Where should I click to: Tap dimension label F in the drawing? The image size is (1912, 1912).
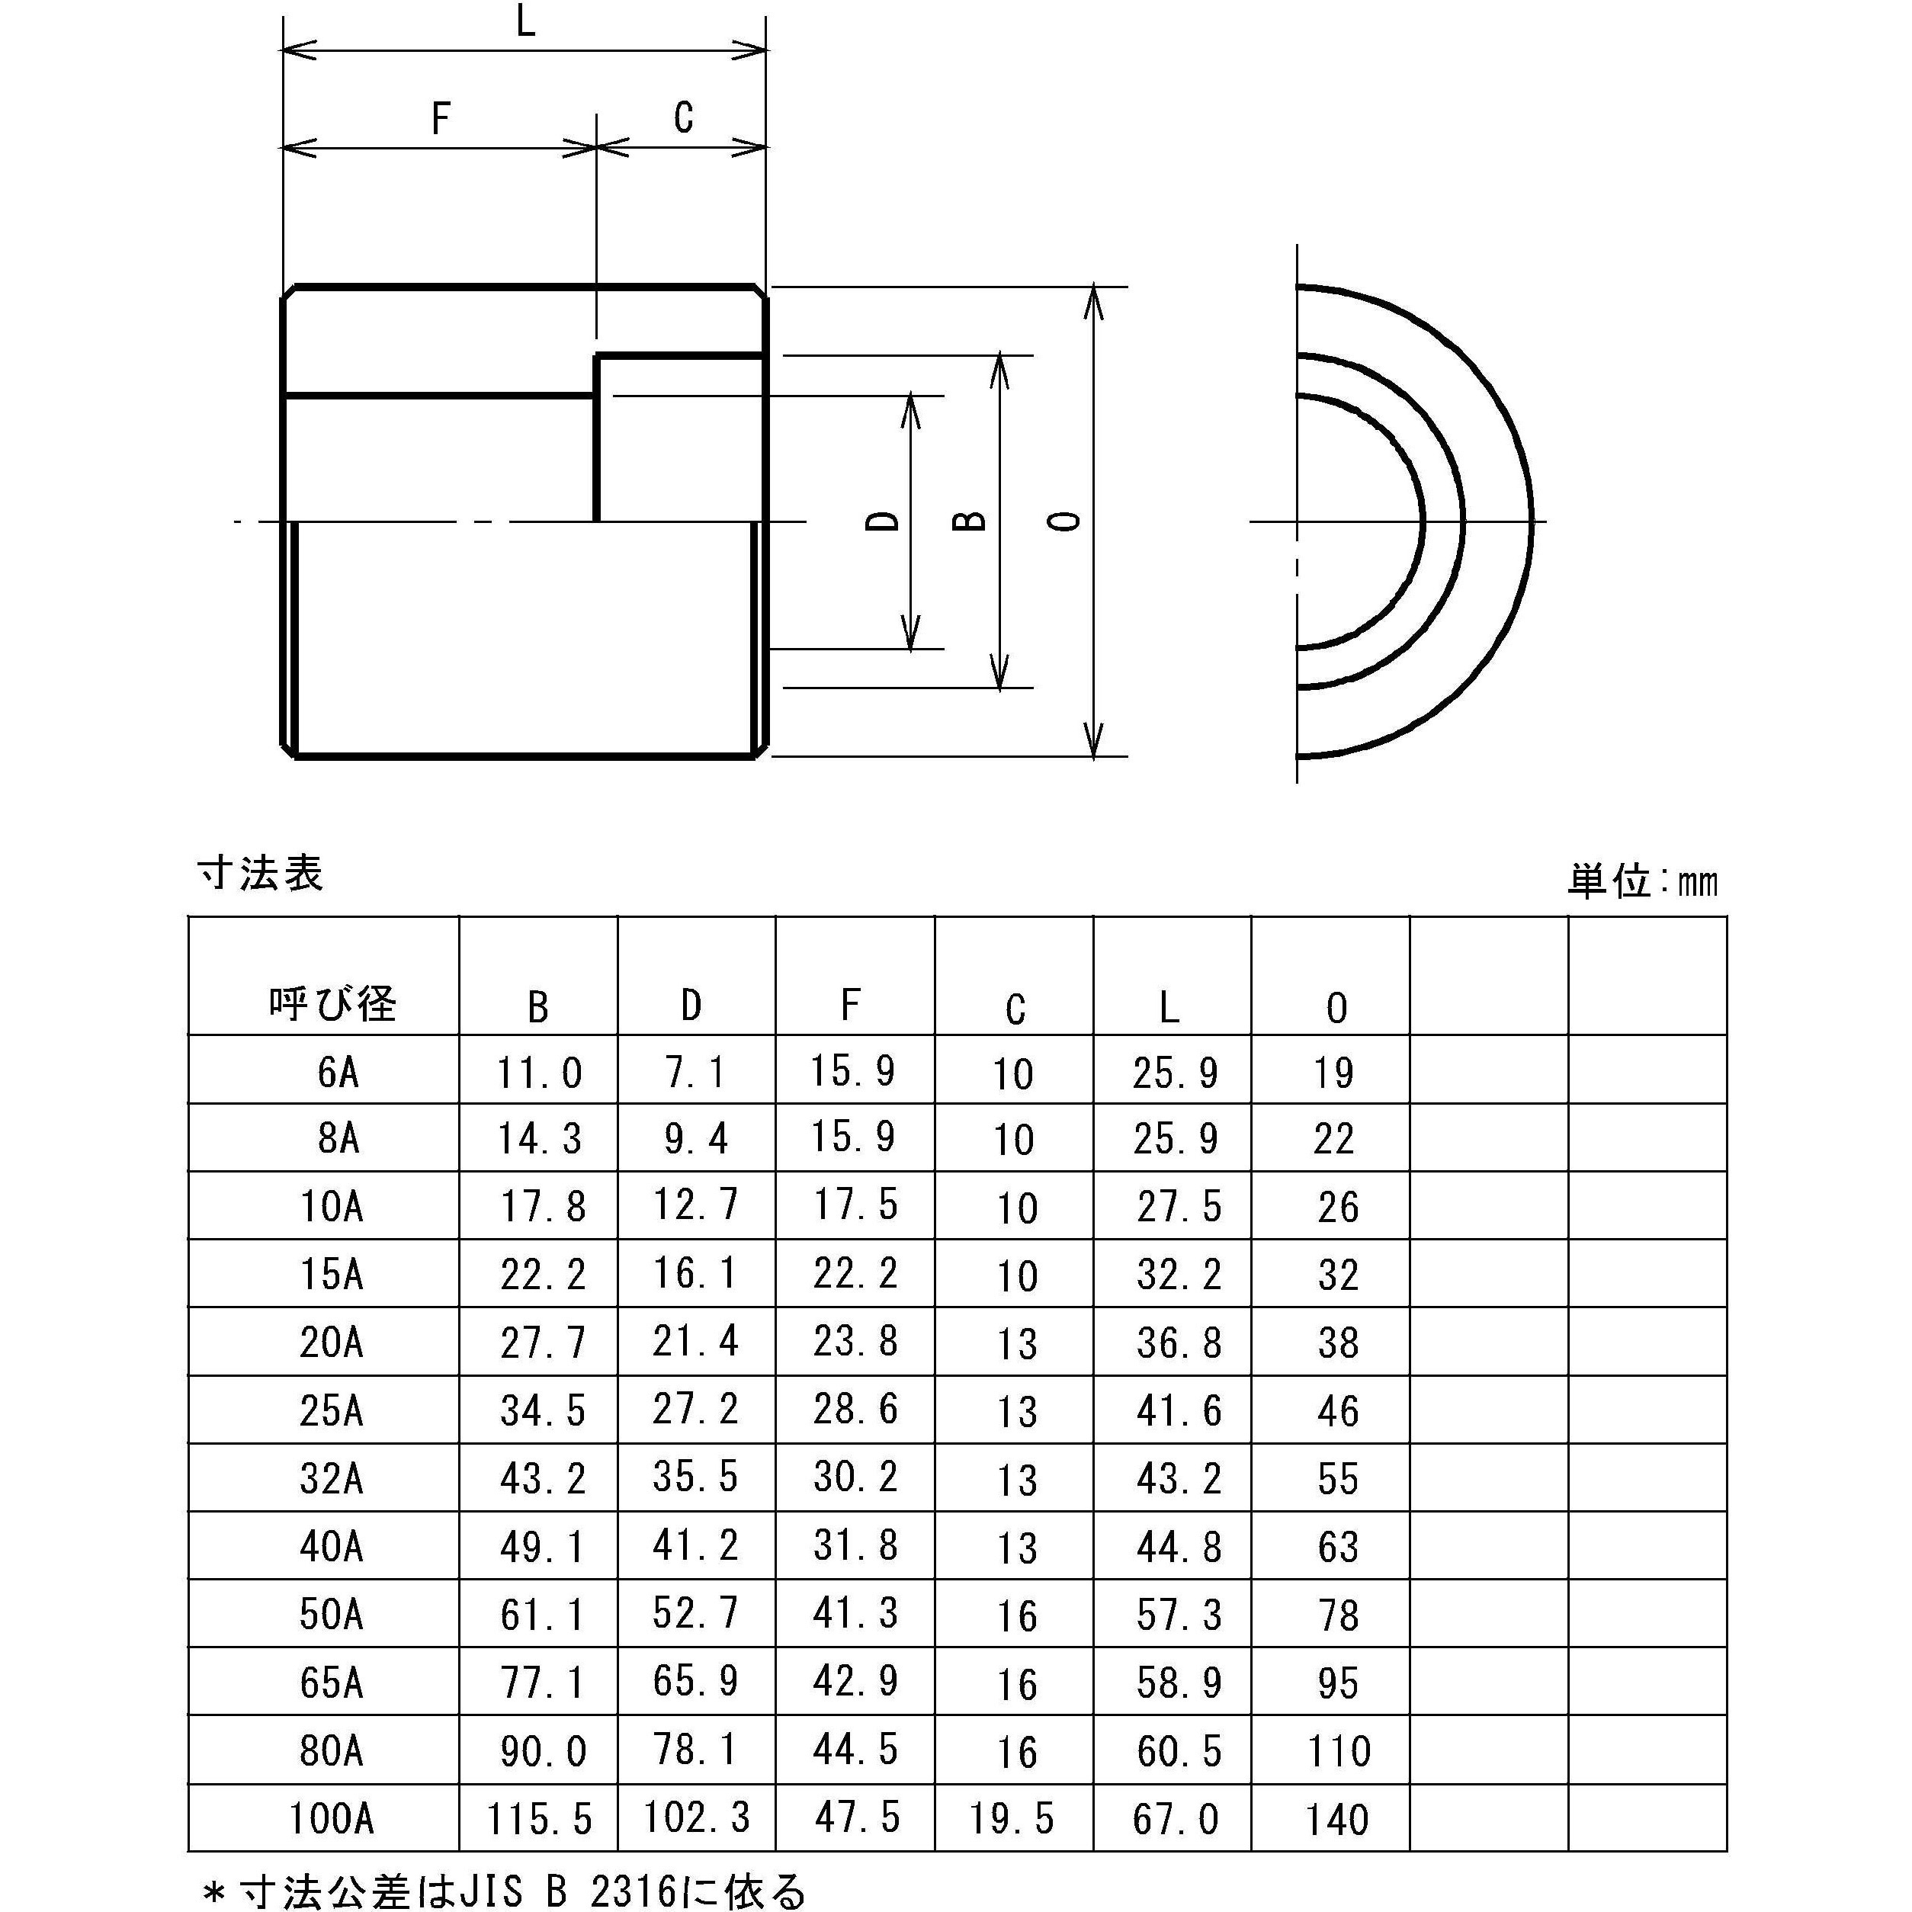(x=441, y=119)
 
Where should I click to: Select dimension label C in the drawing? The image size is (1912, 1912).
(x=683, y=117)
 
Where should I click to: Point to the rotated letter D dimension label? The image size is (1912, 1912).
(x=883, y=521)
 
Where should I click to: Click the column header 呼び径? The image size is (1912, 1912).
(x=332, y=1005)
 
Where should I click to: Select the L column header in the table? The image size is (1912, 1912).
(x=1169, y=1008)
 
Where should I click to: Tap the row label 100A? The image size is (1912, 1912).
(x=332, y=1818)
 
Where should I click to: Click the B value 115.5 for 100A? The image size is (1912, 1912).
(x=539, y=1819)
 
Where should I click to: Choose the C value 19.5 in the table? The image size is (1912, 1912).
(x=1012, y=1819)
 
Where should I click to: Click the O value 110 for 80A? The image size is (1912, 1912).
(x=1338, y=1752)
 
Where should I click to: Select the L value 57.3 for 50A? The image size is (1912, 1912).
(x=1178, y=1615)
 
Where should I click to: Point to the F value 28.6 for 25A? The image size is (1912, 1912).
(x=855, y=1410)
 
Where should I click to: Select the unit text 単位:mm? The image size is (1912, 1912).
(x=1643, y=881)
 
